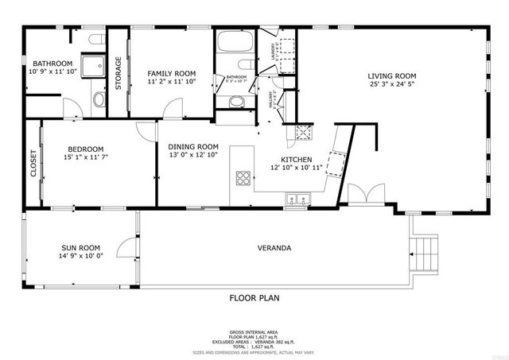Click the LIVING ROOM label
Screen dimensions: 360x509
[391, 76]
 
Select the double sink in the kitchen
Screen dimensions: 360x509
[298, 199]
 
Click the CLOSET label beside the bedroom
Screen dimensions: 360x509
[33, 163]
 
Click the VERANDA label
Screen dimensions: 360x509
[274, 248]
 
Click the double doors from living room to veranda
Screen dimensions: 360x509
[356, 196]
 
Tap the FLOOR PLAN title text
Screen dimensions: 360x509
[254, 298]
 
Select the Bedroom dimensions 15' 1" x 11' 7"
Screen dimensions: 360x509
[85, 158]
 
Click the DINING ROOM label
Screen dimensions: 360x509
[192, 146]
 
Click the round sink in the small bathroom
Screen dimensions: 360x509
[236, 101]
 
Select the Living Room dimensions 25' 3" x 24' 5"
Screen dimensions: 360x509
[391, 85]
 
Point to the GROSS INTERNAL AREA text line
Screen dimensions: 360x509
[254, 331]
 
